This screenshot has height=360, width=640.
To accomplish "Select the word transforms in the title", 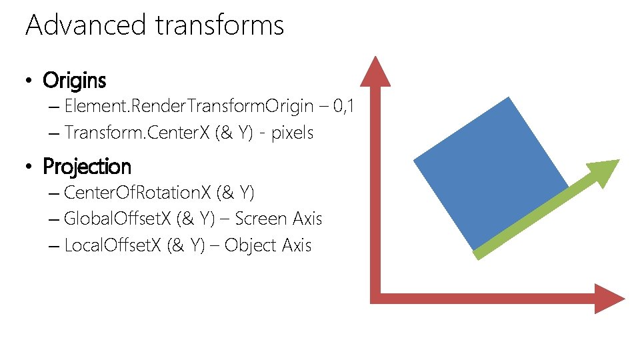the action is [219, 25].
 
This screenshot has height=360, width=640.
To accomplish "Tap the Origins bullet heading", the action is [74, 81].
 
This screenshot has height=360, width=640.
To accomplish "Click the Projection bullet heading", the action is [87, 166].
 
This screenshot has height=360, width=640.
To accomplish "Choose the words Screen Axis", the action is [279, 219].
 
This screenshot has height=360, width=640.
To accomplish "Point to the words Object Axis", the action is [268, 245].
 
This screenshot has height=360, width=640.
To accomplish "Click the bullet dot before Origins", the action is [28, 82].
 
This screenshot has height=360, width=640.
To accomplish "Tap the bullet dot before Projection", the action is [28, 167].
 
